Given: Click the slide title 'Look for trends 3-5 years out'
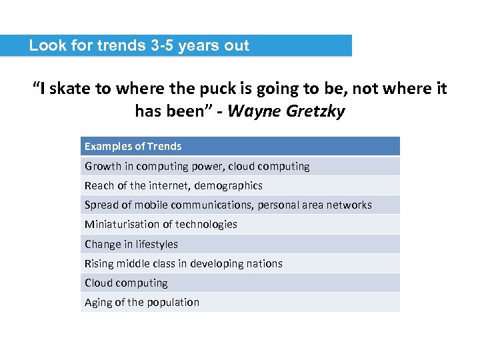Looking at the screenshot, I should click(139, 46).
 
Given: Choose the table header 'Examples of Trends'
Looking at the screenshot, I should click(133, 147).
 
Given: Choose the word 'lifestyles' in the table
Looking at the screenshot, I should click(157, 244).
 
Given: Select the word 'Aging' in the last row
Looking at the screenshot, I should click(98, 303).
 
